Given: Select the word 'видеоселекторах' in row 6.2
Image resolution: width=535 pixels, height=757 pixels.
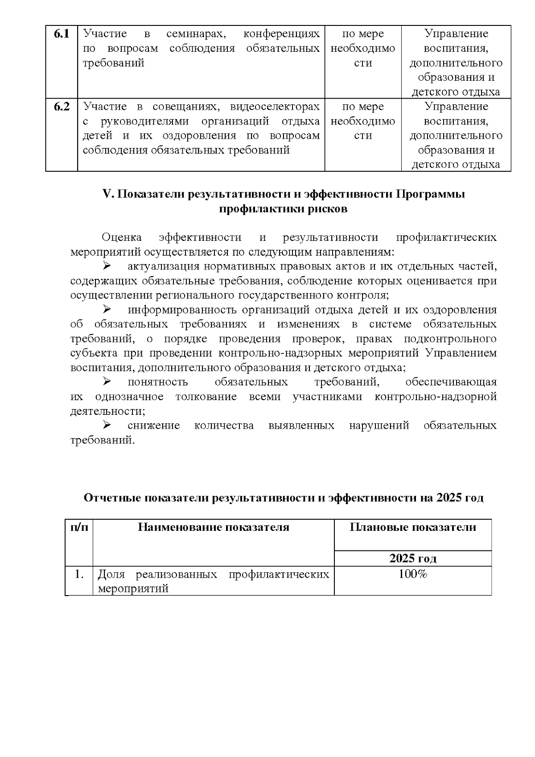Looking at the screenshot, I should pyautogui.click(x=275, y=107).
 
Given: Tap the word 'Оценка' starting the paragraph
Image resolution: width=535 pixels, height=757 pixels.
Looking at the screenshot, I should pyautogui.click(x=122, y=237).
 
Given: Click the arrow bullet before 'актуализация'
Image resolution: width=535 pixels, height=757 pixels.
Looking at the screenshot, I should pyautogui.click(x=107, y=266).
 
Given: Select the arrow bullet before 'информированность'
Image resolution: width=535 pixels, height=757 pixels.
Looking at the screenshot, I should pyautogui.click(x=107, y=310).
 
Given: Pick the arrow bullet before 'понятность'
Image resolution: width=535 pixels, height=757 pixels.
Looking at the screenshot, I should pyautogui.click(x=107, y=382).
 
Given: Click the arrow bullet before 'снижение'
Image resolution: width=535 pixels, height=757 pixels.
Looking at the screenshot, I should pyautogui.click(x=107, y=425).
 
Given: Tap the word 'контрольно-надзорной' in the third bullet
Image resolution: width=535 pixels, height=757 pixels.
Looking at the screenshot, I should pyautogui.click(x=436, y=397).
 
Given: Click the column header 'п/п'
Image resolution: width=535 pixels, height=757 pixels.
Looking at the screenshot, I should pyautogui.click(x=79, y=527).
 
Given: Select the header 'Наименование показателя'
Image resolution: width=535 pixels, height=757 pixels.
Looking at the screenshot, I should pyautogui.click(x=214, y=527).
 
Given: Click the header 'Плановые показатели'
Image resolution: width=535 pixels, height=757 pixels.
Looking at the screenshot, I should pyautogui.click(x=412, y=527).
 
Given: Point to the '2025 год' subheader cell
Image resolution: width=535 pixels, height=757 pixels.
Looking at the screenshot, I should pyautogui.click(x=412, y=558).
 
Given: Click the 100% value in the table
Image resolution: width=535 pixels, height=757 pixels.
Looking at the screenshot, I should pyautogui.click(x=412, y=574).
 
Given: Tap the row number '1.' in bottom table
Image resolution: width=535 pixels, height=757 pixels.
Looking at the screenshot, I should pyautogui.click(x=79, y=574).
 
